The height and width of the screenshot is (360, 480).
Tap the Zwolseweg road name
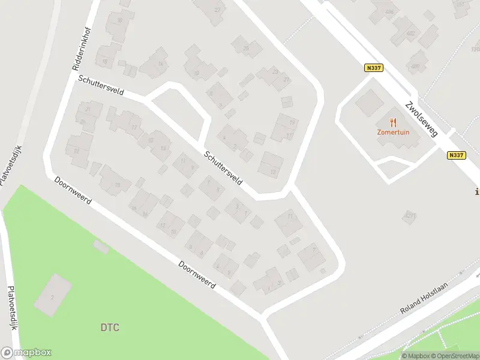pos(420,116)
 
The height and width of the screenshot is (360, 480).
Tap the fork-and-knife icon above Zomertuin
pos(394,121)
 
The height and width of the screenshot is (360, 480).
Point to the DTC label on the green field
pos(109,328)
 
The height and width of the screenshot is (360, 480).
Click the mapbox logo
pos(26,353)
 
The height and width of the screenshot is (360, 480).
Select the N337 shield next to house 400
pos(373,68)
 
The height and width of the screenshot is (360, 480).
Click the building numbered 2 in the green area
pos(53,295)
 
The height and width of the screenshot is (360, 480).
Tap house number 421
pos(410,215)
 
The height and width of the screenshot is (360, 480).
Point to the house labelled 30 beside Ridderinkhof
pos(120,22)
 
